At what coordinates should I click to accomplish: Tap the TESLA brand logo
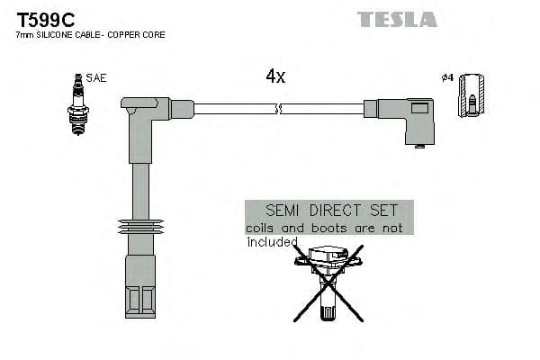click(397, 19)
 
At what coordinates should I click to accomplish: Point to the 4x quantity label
click(275, 77)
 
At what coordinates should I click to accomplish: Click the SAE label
click(96, 78)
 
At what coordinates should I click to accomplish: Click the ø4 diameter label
click(446, 78)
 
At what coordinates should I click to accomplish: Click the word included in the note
click(272, 242)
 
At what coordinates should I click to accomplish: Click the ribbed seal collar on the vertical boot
click(139, 226)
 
